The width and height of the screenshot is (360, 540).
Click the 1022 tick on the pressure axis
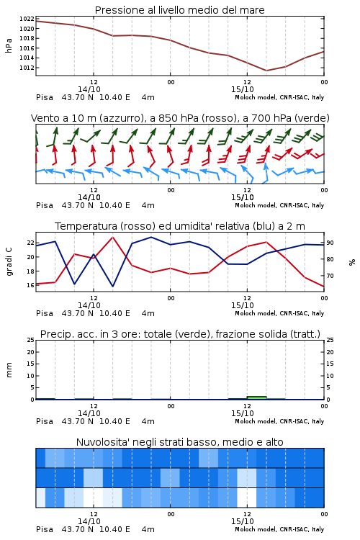(x=27, y=19)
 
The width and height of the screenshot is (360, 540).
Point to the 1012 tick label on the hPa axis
(x=27, y=68)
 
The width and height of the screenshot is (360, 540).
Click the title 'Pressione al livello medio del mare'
(x=180, y=10)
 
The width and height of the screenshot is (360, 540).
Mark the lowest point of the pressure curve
(x=266, y=71)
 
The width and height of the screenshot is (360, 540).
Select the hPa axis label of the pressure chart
(x=9, y=45)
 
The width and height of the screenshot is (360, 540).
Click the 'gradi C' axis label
(x=9, y=261)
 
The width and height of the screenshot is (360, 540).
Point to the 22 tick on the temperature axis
(x=31, y=243)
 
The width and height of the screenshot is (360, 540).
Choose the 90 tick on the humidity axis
(x=330, y=243)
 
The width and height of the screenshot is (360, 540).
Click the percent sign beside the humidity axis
(x=352, y=262)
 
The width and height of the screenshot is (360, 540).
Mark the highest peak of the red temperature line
(x=112, y=237)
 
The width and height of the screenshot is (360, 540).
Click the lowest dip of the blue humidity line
(x=112, y=286)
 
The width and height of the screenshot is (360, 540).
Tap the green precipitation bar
(x=256, y=397)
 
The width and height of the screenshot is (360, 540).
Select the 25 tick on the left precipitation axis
(x=31, y=341)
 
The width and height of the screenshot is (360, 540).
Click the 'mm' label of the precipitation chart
(x=9, y=370)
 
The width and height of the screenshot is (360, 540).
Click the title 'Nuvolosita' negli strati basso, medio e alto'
(x=180, y=442)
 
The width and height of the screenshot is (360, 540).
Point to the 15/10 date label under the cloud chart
(x=243, y=521)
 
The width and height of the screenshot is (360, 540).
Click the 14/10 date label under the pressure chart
(x=89, y=89)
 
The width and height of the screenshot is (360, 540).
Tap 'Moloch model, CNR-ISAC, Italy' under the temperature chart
(x=279, y=313)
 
